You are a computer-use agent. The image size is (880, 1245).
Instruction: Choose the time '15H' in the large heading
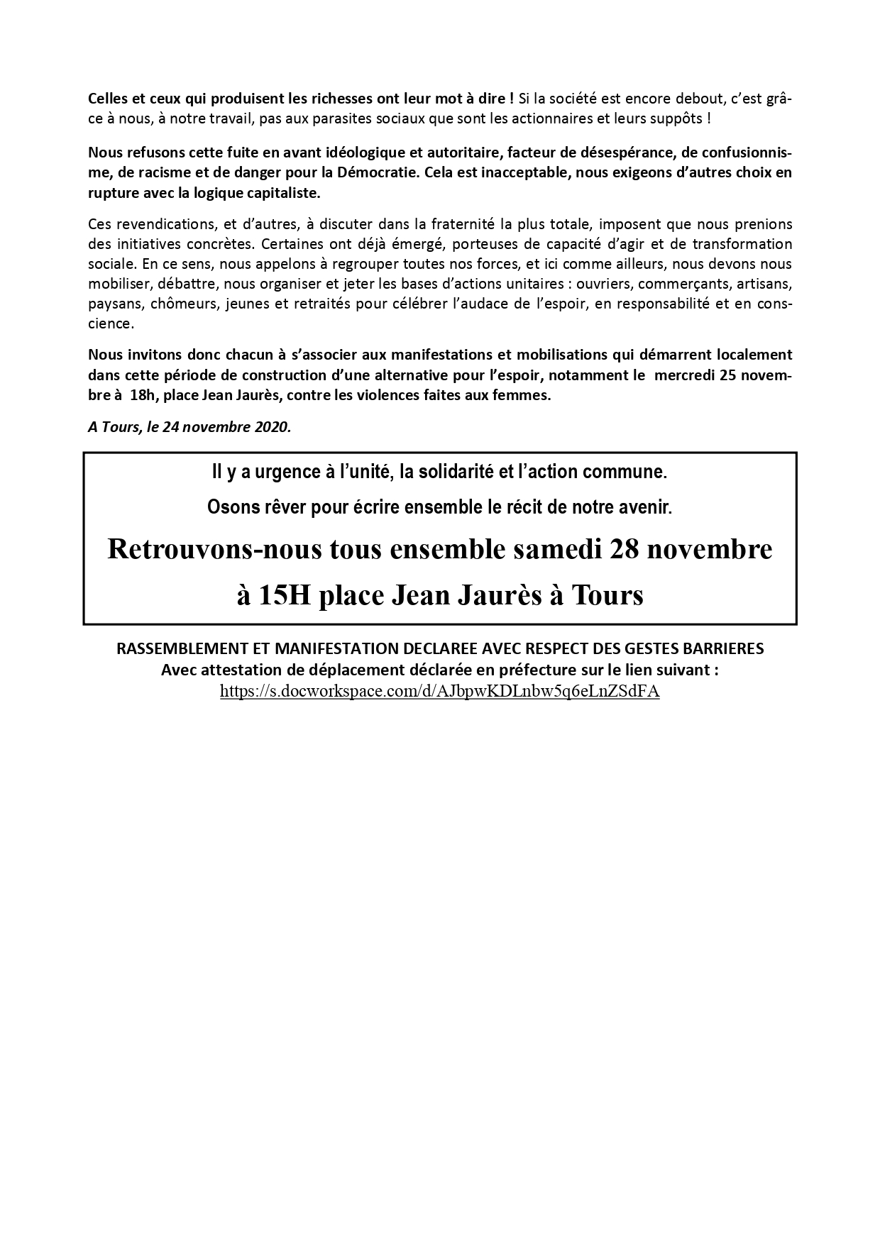point(284,594)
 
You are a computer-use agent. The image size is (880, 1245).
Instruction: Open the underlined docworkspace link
point(439,692)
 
